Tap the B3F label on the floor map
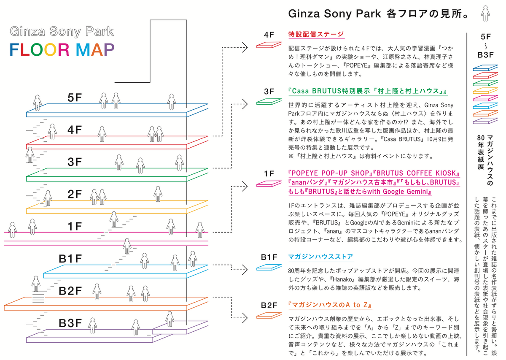click(70, 323)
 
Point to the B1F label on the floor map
click(70, 259)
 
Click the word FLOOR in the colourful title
click(40, 49)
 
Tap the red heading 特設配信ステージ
click(316, 35)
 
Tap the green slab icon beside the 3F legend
click(269, 102)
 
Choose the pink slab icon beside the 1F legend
click(269, 184)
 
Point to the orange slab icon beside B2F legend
click(269, 315)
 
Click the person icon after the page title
click(486, 14)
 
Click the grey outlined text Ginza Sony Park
click(62, 32)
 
